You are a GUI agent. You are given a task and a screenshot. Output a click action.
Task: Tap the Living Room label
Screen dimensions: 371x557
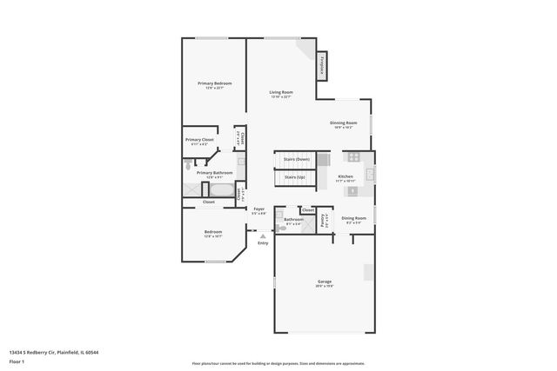[280, 92]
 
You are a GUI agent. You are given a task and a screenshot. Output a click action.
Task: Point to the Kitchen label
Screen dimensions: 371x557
[346, 176]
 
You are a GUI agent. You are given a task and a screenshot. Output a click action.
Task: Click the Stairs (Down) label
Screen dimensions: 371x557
[297, 159]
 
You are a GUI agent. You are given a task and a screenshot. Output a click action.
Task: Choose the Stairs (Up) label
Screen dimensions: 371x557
[295, 176]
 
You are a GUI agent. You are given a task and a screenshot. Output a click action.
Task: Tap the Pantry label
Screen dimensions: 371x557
[323, 220]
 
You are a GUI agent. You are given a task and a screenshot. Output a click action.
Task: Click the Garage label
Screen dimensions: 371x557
[325, 282]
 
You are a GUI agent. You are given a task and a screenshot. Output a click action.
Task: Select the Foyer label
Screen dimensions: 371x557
[258, 209]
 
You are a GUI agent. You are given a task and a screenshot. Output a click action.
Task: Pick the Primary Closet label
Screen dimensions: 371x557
[198, 140]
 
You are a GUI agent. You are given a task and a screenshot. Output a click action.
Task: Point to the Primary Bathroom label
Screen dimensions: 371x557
[208, 173]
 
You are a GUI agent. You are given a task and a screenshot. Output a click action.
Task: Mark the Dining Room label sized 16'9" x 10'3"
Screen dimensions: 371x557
[343, 123]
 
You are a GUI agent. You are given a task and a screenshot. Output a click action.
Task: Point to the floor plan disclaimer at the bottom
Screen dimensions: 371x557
[278, 362]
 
